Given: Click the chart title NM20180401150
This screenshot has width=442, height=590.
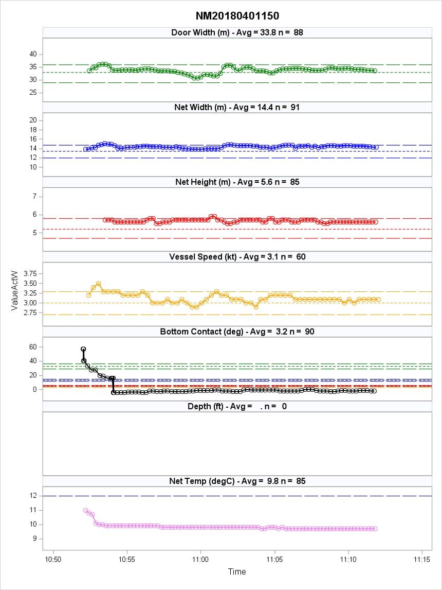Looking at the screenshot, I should click(x=237, y=16).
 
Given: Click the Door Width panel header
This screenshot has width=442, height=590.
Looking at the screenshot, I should click(x=237, y=33).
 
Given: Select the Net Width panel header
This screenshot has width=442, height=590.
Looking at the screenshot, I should click(x=237, y=108).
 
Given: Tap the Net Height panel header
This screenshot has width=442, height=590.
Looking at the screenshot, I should click(x=237, y=182).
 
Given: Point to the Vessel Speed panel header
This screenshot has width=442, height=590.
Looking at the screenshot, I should click(x=237, y=257).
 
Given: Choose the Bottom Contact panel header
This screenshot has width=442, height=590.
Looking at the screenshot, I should click(x=237, y=332).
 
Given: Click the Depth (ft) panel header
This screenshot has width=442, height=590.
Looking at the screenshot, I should click(x=237, y=406).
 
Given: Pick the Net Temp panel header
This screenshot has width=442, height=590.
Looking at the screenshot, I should click(x=237, y=481).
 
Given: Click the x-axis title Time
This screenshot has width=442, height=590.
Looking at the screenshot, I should click(x=237, y=571).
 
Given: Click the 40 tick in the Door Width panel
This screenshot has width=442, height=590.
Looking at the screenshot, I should click(x=32, y=54).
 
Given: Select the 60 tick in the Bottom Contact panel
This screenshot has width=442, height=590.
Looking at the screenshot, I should click(x=32, y=347).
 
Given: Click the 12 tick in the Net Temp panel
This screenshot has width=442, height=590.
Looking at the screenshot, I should click(x=32, y=496).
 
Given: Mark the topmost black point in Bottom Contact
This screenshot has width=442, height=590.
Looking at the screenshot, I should click(x=83, y=349).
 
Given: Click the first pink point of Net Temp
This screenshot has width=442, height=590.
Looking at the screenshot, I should click(x=85, y=510).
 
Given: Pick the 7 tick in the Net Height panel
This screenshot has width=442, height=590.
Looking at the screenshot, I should click(x=34, y=197).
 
